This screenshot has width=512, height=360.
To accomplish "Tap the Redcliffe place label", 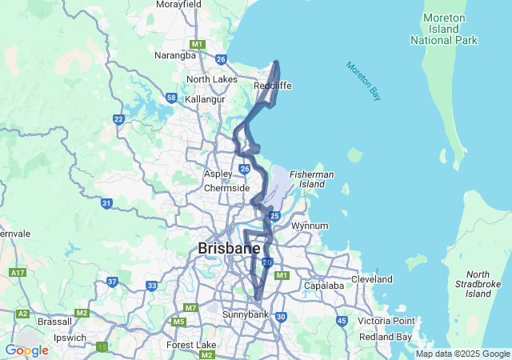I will click(x=272, y=86).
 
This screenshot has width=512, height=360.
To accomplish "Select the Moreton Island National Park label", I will click(x=443, y=28).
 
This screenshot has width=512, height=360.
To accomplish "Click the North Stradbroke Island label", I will click(x=478, y=284).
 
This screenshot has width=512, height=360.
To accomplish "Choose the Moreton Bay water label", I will click(x=364, y=81).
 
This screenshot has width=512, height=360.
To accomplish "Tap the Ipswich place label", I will click(x=69, y=338).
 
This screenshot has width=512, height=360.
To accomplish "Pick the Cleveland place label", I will click(x=372, y=279).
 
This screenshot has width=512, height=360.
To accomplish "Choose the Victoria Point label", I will click(x=386, y=321).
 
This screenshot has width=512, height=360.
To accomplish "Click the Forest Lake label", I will click(x=186, y=345).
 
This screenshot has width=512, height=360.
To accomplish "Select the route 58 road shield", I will click(x=172, y=98).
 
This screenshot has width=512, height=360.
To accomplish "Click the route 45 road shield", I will click(x=342, y=321).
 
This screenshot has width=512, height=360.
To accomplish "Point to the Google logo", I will click(x=26, y=350).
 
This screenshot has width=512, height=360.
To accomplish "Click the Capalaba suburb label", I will click(x=323, y=286).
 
